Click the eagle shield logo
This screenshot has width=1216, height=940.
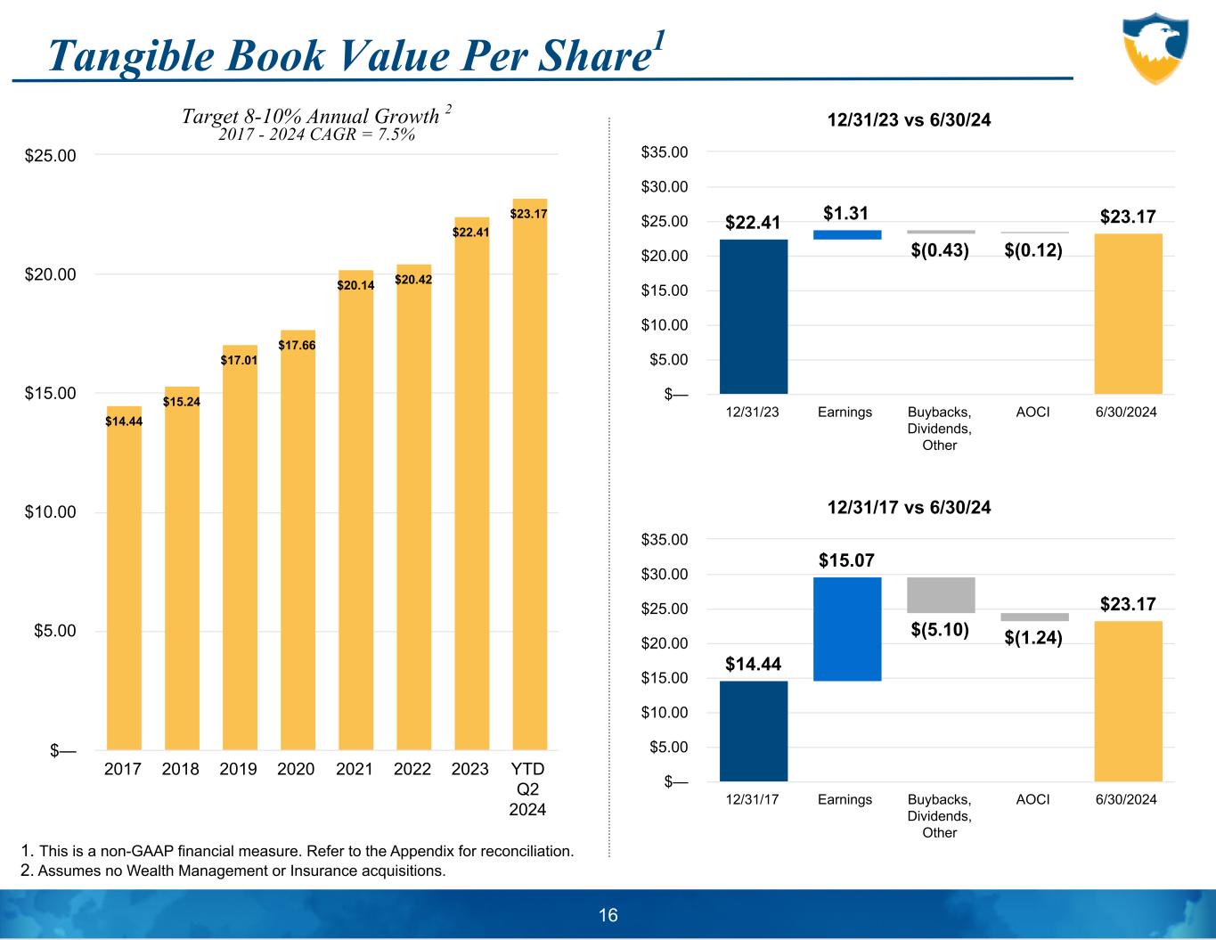1155,48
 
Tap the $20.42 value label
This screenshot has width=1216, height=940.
413,280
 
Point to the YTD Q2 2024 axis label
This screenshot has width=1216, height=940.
527,789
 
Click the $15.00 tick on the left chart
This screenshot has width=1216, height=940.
50,393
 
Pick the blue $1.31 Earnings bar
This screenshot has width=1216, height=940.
847,235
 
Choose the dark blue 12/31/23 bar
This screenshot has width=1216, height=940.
754,316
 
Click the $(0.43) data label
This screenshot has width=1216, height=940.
940,250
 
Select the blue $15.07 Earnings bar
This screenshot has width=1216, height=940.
847,629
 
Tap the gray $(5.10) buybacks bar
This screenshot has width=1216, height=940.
941,595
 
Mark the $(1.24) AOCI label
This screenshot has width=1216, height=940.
1033,637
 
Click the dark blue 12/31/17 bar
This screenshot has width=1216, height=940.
754,731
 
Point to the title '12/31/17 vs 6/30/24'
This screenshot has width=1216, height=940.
909,507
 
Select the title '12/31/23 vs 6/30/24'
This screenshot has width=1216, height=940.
909,119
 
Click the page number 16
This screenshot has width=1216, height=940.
608,915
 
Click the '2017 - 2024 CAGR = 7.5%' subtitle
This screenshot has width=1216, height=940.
316,135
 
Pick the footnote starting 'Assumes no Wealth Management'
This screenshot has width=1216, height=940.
241,871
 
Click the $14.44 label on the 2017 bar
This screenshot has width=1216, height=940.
124,421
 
